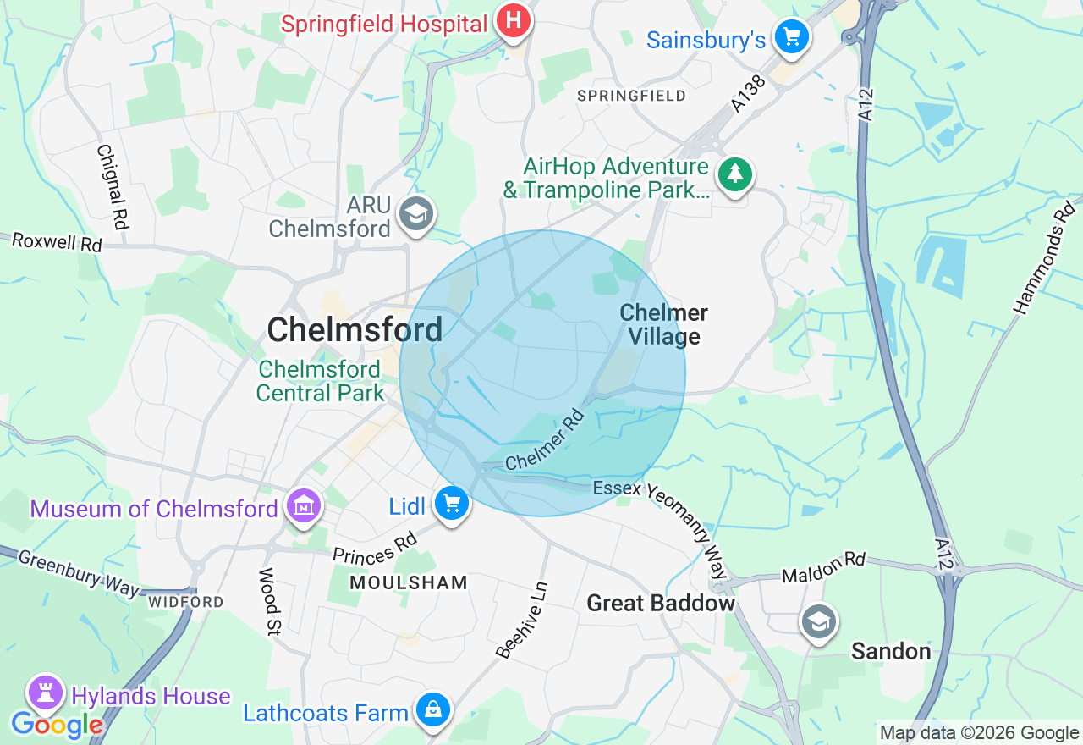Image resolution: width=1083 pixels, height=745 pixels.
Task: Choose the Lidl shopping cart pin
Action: [451, 504]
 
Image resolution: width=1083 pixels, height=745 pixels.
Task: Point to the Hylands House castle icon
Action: [46, 693]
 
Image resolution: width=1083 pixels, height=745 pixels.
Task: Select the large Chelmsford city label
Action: [355, 329]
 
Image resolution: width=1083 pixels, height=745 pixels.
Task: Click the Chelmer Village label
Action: [663, 325]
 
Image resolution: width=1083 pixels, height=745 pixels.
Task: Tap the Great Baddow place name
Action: [661, 604]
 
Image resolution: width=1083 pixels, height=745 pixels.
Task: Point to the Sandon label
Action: [891, 651]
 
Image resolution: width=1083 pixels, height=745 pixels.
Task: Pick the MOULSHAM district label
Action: [408, 582]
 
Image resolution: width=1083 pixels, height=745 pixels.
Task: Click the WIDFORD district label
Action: [185, 602]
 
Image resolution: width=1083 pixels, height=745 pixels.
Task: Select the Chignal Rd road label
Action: [112, 187]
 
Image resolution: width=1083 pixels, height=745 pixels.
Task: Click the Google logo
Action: [57, 725]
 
